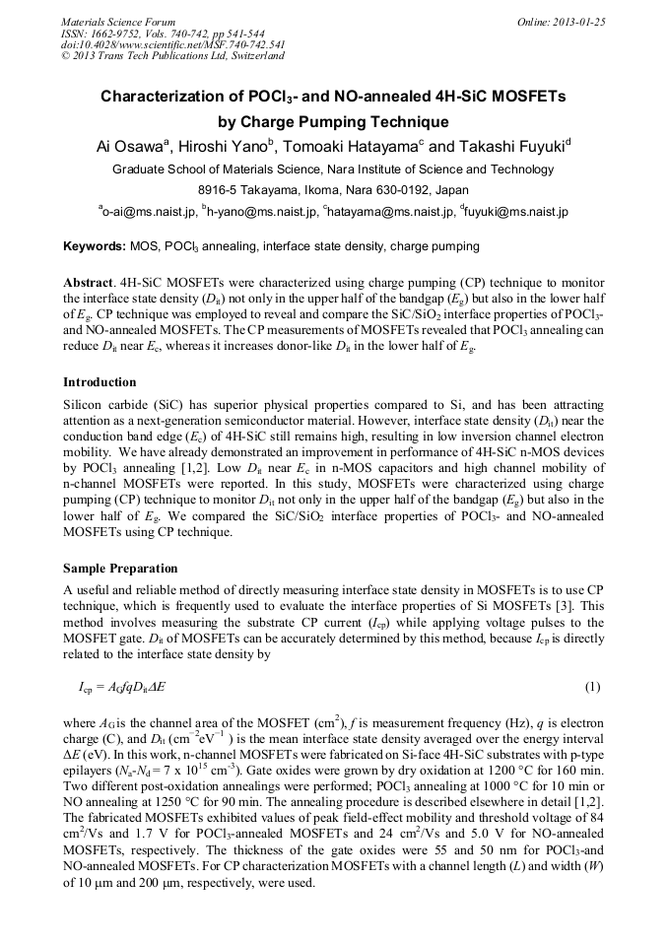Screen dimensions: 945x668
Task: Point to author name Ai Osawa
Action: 132,148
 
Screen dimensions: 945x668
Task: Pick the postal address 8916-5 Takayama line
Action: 333,190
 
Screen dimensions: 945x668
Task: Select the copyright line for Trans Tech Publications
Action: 172,56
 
